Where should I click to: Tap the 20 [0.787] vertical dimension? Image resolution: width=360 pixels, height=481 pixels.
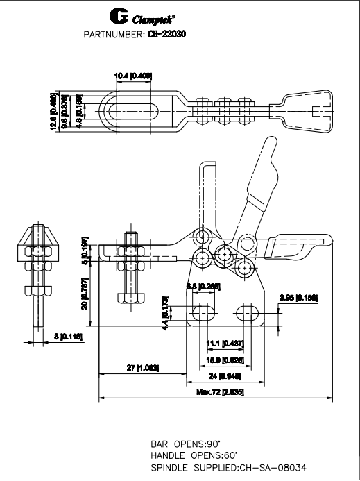tap(85, 294)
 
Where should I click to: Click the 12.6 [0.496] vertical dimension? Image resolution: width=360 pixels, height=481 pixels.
tap(53, 108)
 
